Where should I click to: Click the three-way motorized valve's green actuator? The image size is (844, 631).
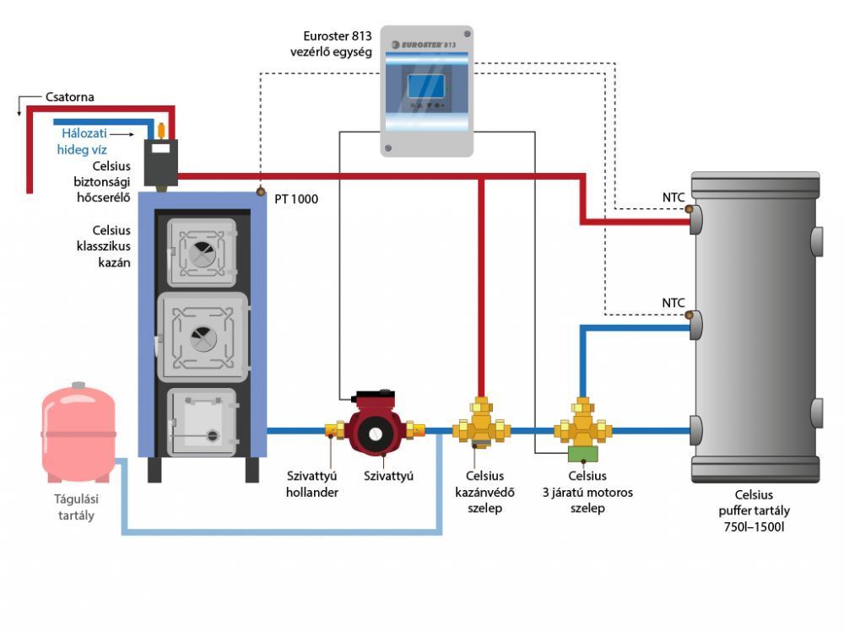click(582, 454)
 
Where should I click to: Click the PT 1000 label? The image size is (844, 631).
click(296, 200)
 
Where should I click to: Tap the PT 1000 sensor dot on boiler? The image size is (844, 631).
click(261, 193)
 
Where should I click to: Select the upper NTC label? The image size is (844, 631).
click(673, 198)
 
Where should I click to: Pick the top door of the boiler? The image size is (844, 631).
click(202, 252)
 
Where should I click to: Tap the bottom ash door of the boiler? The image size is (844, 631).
click(202, 422)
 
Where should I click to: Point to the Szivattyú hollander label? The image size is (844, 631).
click(311, 483)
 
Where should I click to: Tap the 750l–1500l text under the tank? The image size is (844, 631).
click(755, 527)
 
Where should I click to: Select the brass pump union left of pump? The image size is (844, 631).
click(333, 431)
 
